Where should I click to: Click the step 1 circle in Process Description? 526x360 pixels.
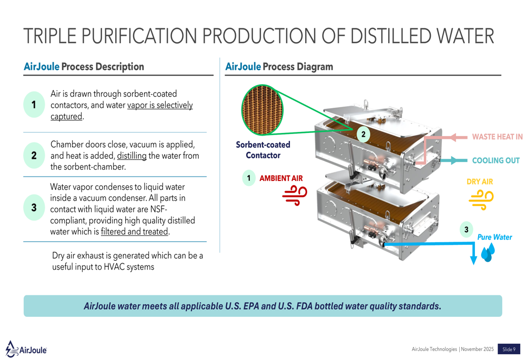pos(34,105)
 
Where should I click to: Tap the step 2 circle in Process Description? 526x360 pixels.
pos(34,156)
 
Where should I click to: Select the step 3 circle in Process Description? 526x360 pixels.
pos(34,208)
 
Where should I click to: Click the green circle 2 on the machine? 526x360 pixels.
pos(363,135)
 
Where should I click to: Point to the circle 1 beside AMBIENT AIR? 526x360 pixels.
pos(249,178)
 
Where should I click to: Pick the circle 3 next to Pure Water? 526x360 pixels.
pos(466,230)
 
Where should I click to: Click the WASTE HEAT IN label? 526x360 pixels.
pos(497,137)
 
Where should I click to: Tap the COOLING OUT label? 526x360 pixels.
pos(495,160)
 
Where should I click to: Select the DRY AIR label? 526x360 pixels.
pos(480,182)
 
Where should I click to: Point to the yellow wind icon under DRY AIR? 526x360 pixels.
pos(481,200)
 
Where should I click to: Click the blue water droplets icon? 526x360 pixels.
pos(487,253)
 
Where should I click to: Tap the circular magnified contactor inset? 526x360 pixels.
pos(261,110)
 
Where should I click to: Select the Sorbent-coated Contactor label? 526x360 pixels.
pos(263,150)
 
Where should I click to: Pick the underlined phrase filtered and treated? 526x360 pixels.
pos(135,231)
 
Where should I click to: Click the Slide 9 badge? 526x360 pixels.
pos(509,349)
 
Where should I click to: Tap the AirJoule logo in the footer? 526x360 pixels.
pos(26,348)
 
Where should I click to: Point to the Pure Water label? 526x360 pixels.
pos(494,237)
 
